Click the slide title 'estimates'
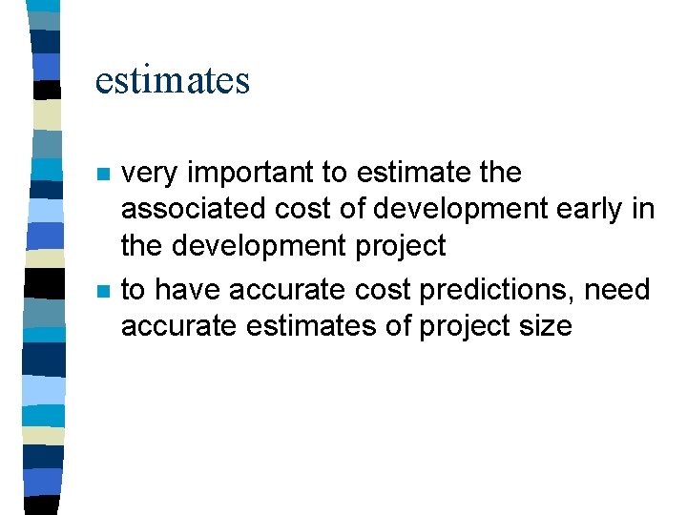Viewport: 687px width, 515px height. (x=173, y=80)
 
